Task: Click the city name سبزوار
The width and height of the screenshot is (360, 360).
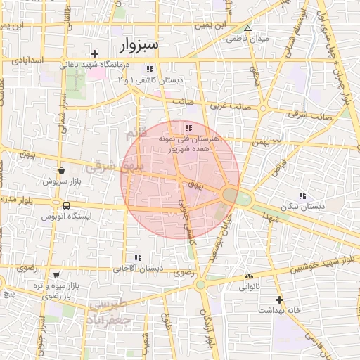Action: click(139, 46)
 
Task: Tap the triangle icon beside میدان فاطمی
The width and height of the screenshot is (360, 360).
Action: click(247, 28)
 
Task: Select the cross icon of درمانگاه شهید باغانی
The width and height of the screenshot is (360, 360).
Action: click(95, 54)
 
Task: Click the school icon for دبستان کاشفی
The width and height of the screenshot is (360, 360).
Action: click(149, 69)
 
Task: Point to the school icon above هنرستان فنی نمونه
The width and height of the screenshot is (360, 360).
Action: click(188, 127)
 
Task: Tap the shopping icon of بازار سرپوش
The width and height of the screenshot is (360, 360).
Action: click(62, 170)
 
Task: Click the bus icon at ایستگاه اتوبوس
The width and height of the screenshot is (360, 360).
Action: click(66, 205)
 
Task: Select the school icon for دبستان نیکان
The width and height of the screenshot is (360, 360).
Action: click(302, 195)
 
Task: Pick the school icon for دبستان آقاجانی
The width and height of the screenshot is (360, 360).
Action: click(137, 257)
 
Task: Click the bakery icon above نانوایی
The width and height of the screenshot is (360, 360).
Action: click(249, 276)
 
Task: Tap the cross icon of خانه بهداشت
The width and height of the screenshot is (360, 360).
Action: click(279, 299)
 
